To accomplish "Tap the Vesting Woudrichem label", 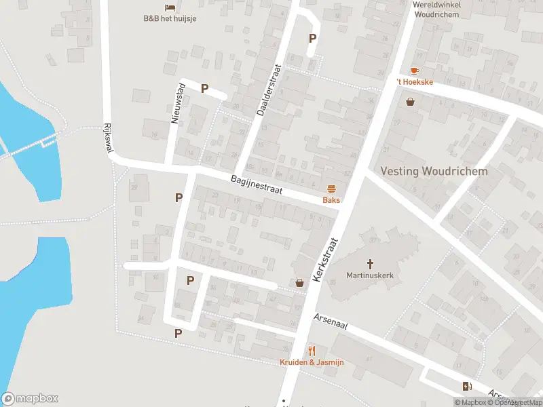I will [434, 171].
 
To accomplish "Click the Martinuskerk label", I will [370, 275].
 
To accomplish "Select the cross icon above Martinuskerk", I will [370, 263].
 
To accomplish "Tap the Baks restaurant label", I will [331, 200].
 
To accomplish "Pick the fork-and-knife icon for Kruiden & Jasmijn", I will [312, 351].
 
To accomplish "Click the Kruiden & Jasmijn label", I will [312, 362].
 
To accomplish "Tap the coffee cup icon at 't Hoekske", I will [414, 71].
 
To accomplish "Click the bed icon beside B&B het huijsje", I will [169, 7].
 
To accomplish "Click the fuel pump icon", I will [467, 387].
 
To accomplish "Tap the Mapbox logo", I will [30, 399].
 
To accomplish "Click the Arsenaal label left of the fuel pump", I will [331, 322].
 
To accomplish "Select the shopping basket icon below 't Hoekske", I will [410, 102].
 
